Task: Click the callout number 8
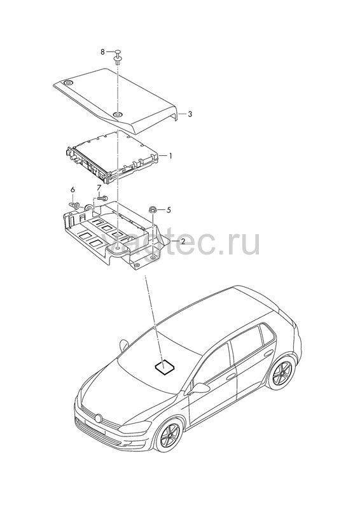click(102, 52)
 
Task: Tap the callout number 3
click(190, 114)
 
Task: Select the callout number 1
click(169, 156)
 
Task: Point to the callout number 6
click(73, 189)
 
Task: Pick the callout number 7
click(99, 187)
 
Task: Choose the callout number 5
click(168, 210)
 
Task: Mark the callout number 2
click(183, 241)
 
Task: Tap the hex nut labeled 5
click(152, 210)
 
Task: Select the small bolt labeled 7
click(102, 197)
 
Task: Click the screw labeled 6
click(75, 205)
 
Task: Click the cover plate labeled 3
click(116, 101)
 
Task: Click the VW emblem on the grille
click(99, 418)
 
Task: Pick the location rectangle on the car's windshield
click(165, 367)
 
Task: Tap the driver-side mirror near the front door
click(200, 387)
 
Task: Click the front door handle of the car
click(231, 377)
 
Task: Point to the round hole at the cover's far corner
click(68, 83)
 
